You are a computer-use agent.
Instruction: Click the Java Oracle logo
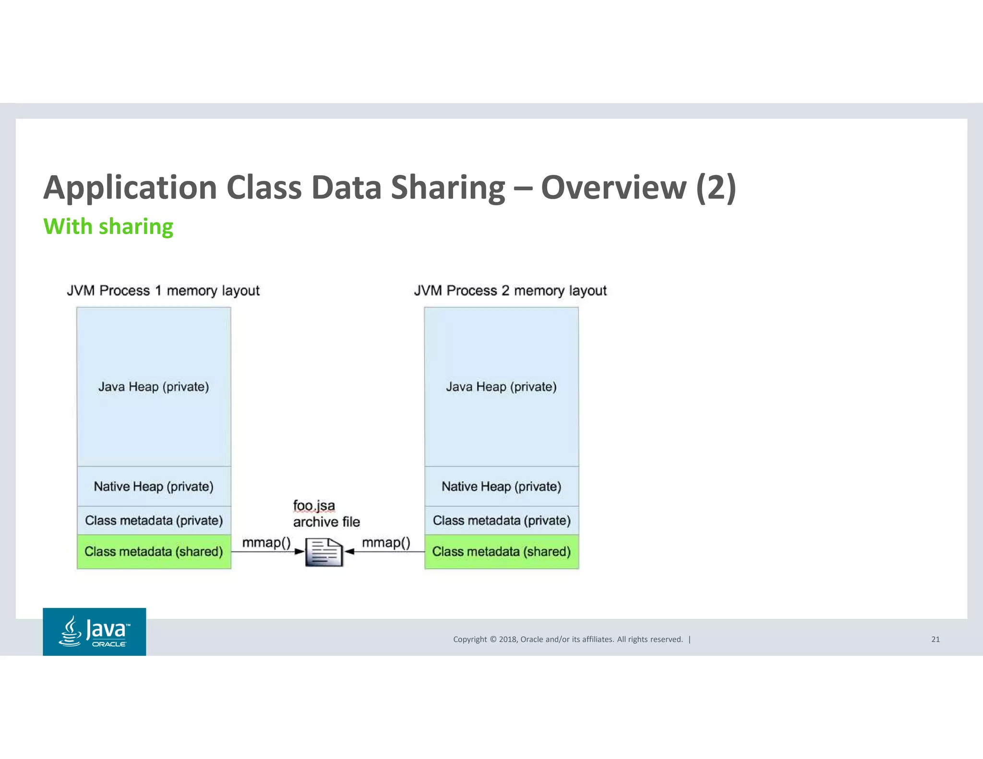tap(94, 631)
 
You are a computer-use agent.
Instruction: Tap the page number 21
tap(935, 639)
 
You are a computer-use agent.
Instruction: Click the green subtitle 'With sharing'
tap(108, 226)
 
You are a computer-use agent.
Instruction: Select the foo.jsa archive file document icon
tap(324, 552)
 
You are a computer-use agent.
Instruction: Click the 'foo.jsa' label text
tap(314, 506)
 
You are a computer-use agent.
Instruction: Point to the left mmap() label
tap(266, 543)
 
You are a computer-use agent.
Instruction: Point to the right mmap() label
tap(386, 543)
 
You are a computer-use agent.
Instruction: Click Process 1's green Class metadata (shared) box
tap(154, 552)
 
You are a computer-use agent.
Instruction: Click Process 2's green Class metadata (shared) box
tap(502, 552)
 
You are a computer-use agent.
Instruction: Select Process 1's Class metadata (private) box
tap(154, 521)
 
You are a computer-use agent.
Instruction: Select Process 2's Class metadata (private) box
tap(502, 521)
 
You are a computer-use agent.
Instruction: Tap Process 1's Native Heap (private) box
tap(154, 486)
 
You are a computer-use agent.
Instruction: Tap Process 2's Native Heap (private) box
tap(502, 486)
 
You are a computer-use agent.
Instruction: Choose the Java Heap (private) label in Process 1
tap(154, 387)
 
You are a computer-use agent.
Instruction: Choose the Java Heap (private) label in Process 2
tap(502, 387)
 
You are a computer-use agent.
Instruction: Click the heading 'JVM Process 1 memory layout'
tap(163, 291)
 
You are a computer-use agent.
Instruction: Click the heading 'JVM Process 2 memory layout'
tap(510, 291)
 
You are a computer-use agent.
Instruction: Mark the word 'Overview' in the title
tap(613, 188)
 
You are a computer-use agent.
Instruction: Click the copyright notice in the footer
tap(568, 639)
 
